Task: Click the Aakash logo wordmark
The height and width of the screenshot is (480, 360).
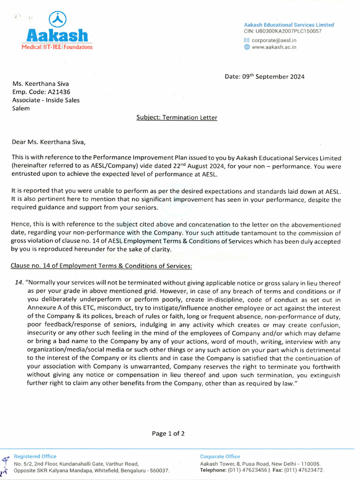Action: click(57, 35)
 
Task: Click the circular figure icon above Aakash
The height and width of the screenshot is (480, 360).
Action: click(58, 19)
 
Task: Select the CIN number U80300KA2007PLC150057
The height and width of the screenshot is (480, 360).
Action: click(289, 31)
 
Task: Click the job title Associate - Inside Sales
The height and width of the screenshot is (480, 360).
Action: click(46, 100)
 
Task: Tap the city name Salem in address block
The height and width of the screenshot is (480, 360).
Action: click(21, 108)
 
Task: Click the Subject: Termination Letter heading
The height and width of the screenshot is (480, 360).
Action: click(177, 118)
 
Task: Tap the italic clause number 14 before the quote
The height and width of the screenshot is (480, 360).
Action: click(19, 283)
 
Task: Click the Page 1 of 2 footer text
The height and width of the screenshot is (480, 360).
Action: click(168, 434)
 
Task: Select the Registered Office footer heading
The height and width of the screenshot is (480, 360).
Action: click(35, 456)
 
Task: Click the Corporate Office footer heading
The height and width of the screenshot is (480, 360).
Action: click(220, 456)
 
